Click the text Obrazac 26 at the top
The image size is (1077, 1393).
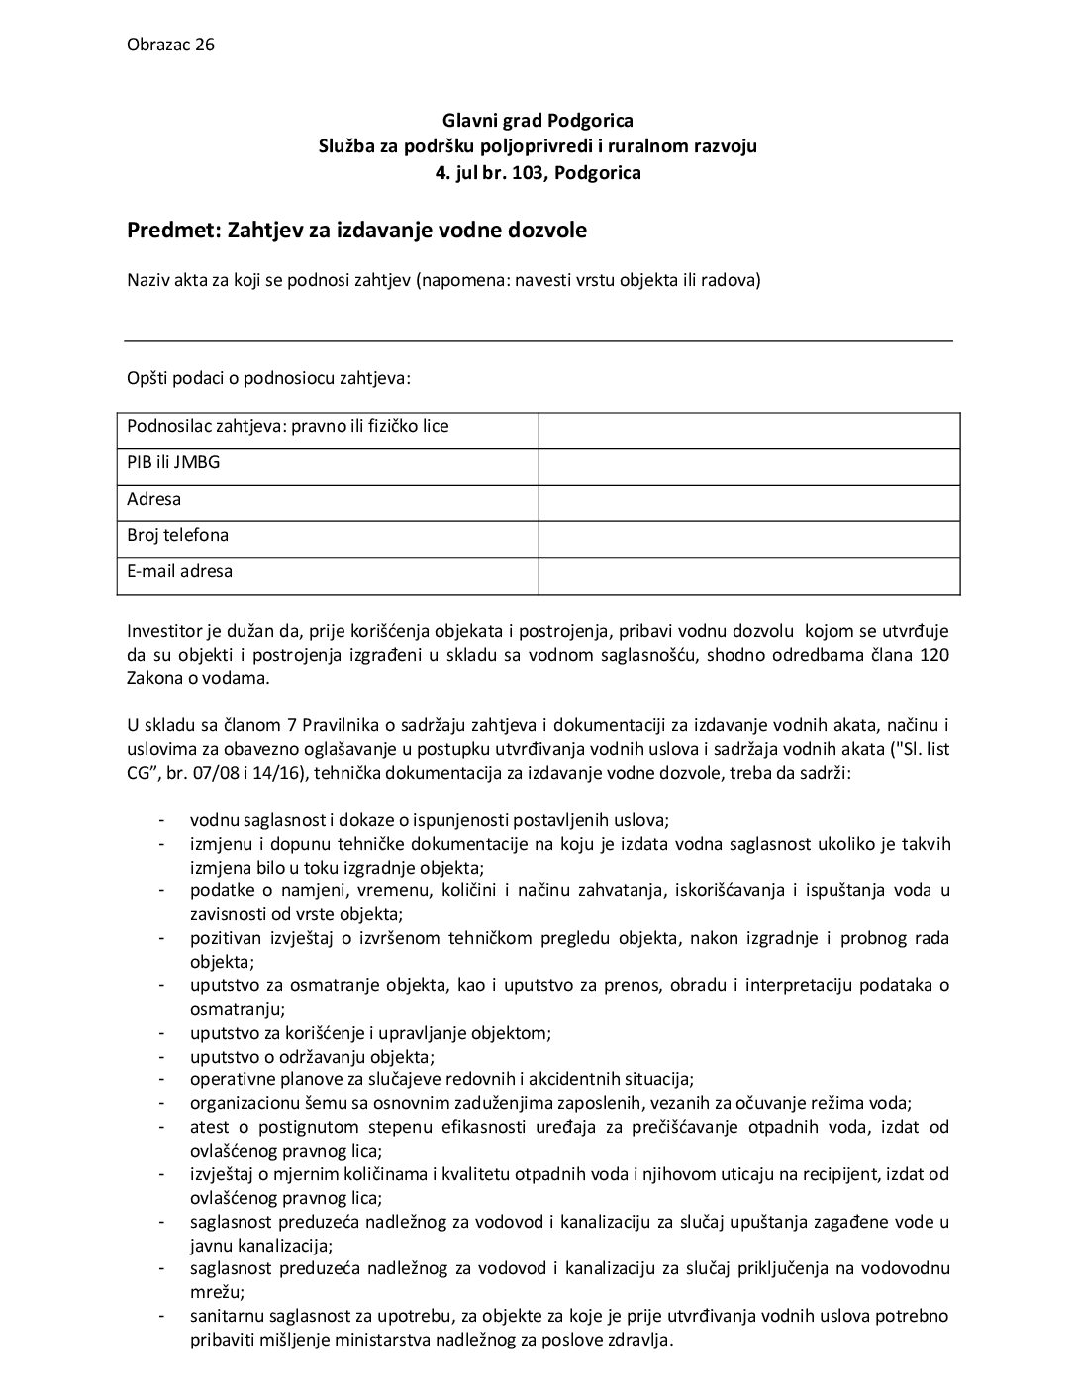click(171, 45)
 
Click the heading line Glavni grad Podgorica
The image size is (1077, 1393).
click(538, 121)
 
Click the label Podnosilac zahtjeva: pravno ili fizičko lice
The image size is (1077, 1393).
click(288, 427)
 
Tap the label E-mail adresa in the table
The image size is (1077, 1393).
click(180, 572)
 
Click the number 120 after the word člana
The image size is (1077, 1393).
click(934, 655)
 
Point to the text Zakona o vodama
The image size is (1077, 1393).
click(197, 679)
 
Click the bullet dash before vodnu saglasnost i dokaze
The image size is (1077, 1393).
click(160, 820)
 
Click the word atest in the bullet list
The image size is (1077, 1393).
click(209, 1127)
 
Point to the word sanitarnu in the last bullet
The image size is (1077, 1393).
click(226, 1316)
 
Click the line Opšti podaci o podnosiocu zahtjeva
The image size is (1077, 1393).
click(268, 378)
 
